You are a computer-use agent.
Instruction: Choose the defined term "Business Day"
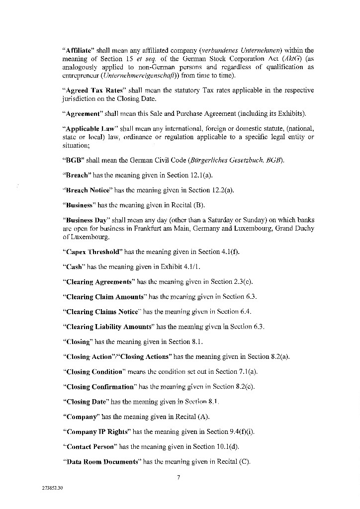click(x=85, y=220)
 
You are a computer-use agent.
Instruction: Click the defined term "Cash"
click(x=73, y=266)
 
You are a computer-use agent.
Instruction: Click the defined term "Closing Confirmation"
click(x=99, y=387)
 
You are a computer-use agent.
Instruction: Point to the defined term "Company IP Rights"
click(x=96, y=431)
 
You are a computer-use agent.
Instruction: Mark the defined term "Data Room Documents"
click(x=101, y=462)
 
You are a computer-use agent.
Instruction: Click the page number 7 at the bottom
click(x=178, y=478)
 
